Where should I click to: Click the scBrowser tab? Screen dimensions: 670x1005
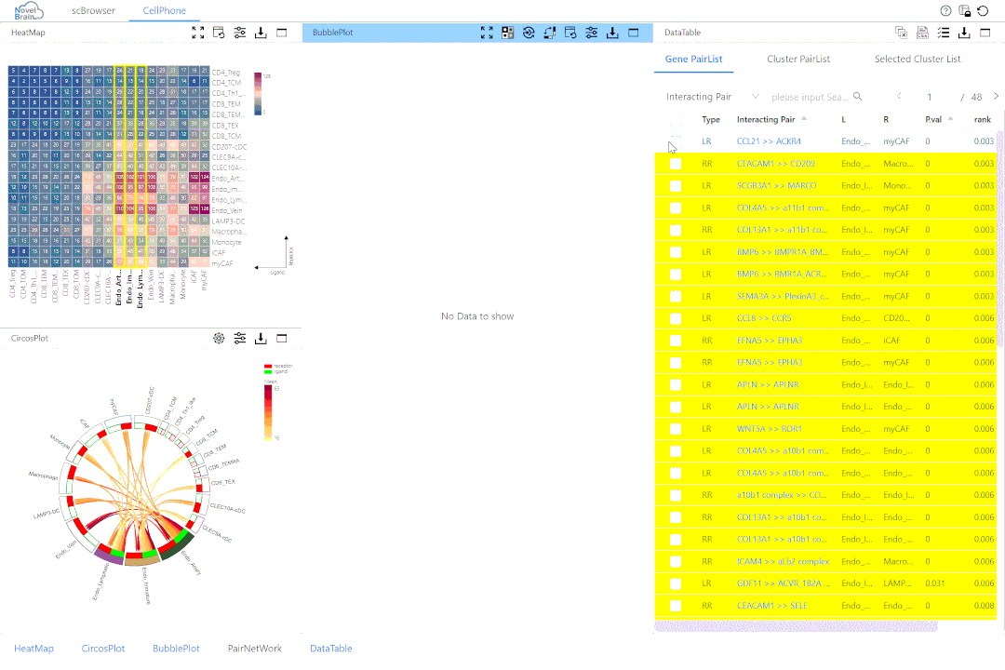(94, 11)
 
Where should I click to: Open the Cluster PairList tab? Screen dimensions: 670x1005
(798, 59)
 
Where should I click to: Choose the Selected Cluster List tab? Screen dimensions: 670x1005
(918, 59)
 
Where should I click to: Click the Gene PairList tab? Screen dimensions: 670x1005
(699, 59)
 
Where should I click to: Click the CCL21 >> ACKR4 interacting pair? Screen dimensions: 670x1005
(769, 141)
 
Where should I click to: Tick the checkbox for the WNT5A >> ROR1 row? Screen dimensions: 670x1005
(676, 429)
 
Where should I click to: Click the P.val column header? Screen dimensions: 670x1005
(934, 119)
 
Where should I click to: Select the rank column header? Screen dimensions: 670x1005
(983, 119)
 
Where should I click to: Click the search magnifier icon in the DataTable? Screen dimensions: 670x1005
(858, 97)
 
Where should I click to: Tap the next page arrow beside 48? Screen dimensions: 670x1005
(996, 97)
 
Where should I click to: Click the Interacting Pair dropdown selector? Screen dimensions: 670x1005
(713, 97)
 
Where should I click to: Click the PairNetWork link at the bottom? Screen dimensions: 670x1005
(255, 649)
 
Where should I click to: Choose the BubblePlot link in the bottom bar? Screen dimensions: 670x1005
(176, 649)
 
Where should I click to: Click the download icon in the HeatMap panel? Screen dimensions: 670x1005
(261, 33)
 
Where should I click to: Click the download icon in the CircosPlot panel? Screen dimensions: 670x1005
(261, 338)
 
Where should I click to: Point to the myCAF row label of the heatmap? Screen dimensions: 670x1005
(221, 263)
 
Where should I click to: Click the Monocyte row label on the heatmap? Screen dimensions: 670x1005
(226, 242)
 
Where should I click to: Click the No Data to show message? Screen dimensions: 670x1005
(477, 316)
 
